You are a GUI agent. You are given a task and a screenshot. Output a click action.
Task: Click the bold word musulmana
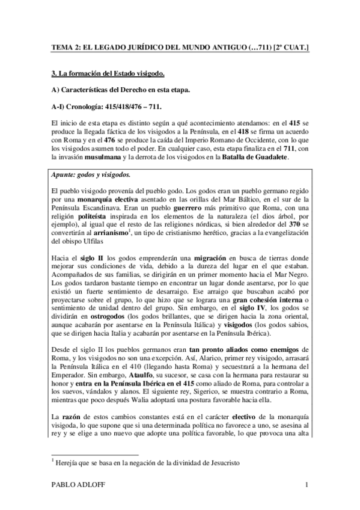click(130, 141)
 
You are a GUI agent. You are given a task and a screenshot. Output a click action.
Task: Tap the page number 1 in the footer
click(307, 486)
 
